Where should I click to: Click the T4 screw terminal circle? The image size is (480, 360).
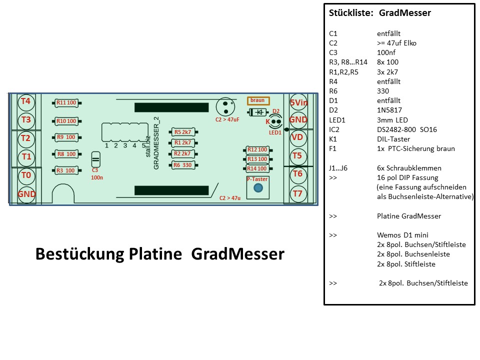(x=26, y=102)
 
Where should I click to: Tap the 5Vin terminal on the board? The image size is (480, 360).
(x=298, y=102)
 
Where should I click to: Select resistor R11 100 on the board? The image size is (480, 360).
(x=66, y=103)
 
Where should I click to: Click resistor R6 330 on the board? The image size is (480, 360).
(x=183, y=165)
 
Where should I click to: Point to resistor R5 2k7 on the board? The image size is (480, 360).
(x=183, y=132)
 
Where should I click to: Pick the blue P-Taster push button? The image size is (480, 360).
(x=258, y=187)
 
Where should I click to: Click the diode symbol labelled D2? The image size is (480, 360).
(x=258, y=112)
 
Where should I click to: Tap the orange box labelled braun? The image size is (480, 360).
(x=258, y=100)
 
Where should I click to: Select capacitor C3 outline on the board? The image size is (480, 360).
(x=96, y=159)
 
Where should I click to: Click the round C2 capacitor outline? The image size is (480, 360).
(x=225, y=107)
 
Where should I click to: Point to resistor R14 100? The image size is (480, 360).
(x=258, y=168)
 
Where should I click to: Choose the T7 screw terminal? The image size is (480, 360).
(x=298, y=193)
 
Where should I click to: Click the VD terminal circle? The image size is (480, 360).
(x=298, y=137)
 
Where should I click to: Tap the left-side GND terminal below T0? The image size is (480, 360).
(x=26, y=194)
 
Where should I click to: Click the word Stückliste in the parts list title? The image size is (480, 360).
(x=351, y=13)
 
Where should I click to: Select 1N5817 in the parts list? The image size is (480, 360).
(x=389, y=110)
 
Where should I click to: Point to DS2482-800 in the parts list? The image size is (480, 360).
(x=396, y=129)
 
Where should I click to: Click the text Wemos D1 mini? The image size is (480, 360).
(x=402, y=235)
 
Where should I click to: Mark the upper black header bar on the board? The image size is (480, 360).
(x=171, y=107)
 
